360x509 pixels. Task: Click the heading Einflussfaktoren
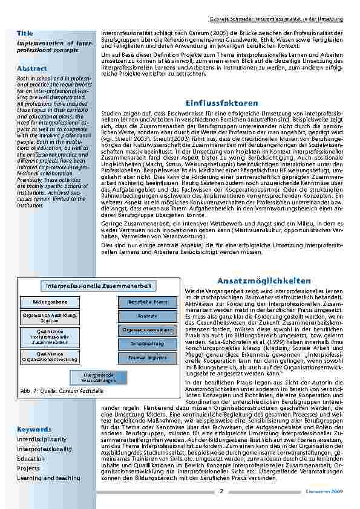(x=222, y=103)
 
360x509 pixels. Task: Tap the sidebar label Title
(x=25, y=33)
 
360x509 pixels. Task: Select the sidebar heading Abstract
(x=32, y=68)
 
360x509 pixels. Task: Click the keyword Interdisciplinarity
(x=42, y=439)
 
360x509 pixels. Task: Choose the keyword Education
(x=31, y=459)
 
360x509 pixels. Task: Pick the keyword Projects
(x=28, y=468)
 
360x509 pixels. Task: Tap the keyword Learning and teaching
(x=48, y=478)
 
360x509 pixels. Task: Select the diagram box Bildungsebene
(x=49, y=301)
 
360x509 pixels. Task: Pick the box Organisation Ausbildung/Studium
(x=49, y=318)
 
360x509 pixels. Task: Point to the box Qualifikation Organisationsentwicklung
(x=49, y=357)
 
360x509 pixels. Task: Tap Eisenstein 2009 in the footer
(x=327, y=491)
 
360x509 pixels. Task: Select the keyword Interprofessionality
(x=44, y=449)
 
